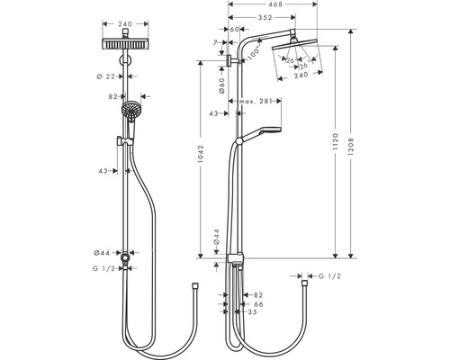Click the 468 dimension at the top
(x=276, y=4)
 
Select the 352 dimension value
(x=265, y=18)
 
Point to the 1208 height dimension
(x=352, y=147)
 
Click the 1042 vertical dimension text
(x=201, y=154)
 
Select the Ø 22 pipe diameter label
(x=105, y=76)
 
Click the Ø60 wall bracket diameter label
(x=221, y=85)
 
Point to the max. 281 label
(x=255, y=102)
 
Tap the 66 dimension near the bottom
(x=258, y=304)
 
